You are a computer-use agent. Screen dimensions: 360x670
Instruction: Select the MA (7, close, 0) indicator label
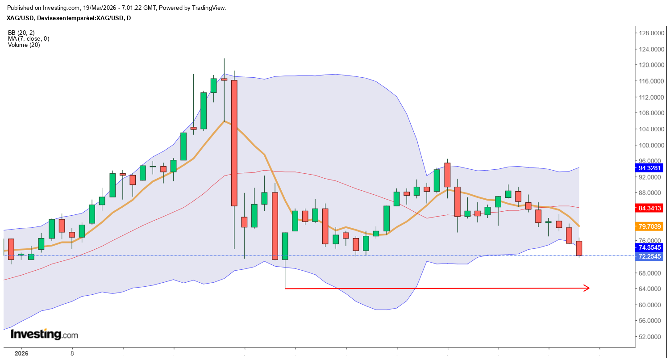(x=29, y=39)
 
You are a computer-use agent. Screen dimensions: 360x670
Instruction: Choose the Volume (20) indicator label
(x=24, y=45)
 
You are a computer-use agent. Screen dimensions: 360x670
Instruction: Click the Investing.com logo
(x=44, y=334)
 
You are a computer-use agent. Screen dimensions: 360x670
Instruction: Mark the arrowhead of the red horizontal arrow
(x=587, y=288)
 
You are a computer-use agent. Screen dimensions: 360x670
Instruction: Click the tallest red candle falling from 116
(x=234, y=143)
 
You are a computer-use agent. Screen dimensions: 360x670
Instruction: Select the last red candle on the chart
(x=579, y=248)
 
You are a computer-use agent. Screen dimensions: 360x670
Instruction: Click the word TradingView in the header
(x=209, y=8)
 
